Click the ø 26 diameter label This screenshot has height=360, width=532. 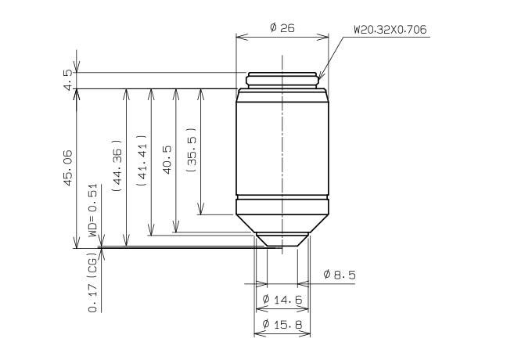tap(282, 27)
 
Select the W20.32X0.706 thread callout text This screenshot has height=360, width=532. tap(390, 30)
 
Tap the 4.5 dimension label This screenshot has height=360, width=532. tap(68, 80)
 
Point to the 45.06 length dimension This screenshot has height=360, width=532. tap(68, 168)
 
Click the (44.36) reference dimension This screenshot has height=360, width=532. tap(117, 166)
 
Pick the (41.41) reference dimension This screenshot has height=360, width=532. tap(141, 160)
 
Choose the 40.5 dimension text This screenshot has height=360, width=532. tap(167, 160)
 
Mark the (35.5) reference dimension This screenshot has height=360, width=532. tap(192, 150)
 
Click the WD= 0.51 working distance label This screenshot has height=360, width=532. tap(92, 211)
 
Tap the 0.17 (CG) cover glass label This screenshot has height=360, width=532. tap(92, 283)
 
